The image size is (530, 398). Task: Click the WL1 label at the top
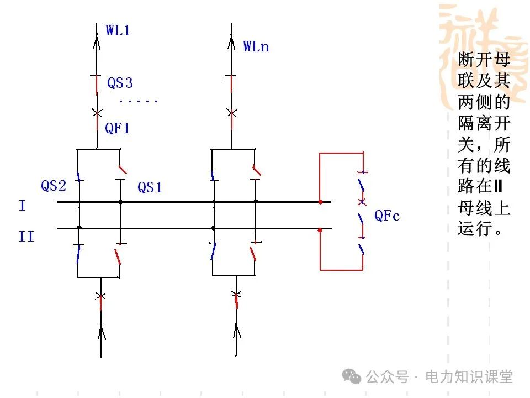point(118,30)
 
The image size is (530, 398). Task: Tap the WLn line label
point(256,46)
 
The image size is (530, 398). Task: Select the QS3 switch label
point(120,83)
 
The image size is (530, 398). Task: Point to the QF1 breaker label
point(118,129)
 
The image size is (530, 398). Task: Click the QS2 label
point(54,186)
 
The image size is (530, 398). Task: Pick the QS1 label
point(150,188)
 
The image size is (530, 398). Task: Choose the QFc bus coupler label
point(387,216)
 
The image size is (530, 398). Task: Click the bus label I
point(22,206)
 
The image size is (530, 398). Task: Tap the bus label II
point(26,237)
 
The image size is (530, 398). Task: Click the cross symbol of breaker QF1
point(97,113)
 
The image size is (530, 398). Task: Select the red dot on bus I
point(320,202)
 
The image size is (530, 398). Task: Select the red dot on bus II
point(320,228)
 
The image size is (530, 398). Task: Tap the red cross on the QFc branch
point(362,200)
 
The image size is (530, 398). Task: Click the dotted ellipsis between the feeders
point(139,102)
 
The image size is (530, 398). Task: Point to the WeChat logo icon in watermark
point(352,377)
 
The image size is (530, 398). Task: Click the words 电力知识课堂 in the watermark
point(469,377)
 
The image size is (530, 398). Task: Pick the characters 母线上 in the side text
point(484,208)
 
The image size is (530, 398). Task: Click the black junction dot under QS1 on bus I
point(121,202)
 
